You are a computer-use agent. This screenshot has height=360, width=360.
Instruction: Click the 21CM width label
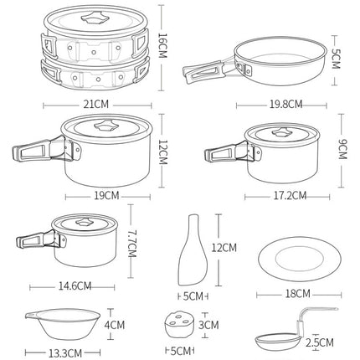click(x=96, y=105)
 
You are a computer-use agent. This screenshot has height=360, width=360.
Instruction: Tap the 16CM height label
click(x=162, y=46)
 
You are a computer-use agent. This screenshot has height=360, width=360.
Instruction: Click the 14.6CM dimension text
click(x=75, y=285)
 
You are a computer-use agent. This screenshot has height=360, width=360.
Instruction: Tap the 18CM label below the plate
click(x=297, y=294)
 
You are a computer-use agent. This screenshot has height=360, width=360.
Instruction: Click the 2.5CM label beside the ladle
click(x=320, y=342)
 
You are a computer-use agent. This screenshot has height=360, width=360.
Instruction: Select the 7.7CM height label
click(x=131, y=244)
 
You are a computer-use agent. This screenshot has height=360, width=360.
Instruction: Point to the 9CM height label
click(x=342, y=149)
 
